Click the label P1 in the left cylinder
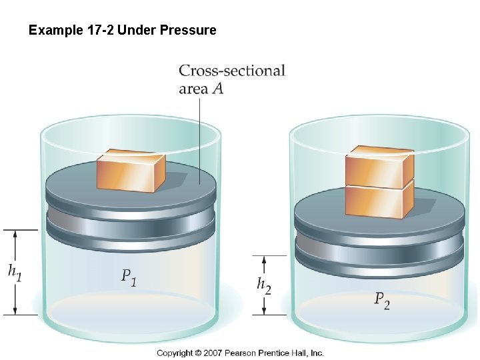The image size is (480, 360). [129, 277]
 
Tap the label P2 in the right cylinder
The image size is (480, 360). [382, 301]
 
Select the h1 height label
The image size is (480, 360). [14, 271]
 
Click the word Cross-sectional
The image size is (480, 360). [232, 71]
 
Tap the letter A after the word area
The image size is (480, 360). [217, 88]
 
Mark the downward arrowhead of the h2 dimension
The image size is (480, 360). [264, 311]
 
